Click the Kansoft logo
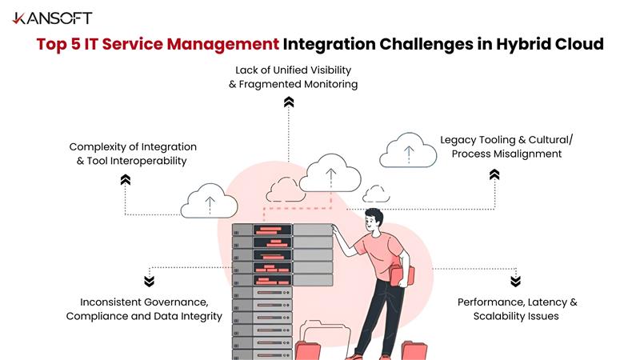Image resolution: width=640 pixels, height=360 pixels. (52, 18)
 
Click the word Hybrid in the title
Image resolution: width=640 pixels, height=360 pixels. (530, 44)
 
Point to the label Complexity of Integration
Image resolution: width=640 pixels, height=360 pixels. (133, 146)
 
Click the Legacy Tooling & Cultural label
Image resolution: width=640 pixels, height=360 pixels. (506, 139)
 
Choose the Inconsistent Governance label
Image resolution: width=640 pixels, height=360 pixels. (143, 302)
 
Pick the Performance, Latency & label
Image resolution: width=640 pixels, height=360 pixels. (517, 302)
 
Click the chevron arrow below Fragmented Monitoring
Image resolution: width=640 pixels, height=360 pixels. (289, 102)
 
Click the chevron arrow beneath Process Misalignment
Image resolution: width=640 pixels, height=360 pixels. (494, 174)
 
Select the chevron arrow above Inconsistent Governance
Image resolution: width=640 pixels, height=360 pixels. (149, 281)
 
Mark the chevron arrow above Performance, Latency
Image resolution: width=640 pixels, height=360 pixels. (515, 281)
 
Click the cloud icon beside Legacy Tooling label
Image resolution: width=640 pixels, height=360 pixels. (408, 150)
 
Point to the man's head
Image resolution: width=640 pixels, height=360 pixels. (375, 217)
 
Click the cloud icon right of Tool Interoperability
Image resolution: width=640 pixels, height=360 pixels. (209, 202)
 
